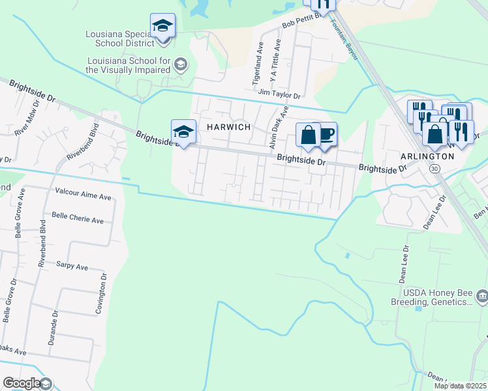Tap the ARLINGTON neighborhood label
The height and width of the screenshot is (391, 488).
click(427, 156)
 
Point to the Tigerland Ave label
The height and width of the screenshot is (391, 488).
click(258, 63)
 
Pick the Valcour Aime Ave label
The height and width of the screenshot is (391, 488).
click(84, 192)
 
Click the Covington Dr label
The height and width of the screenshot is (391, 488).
click(102, 295)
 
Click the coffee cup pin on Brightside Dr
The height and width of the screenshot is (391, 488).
click(326, 134)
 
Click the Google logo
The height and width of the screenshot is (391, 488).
click(22, 383)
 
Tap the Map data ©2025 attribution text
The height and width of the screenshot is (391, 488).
click(461, 386)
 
